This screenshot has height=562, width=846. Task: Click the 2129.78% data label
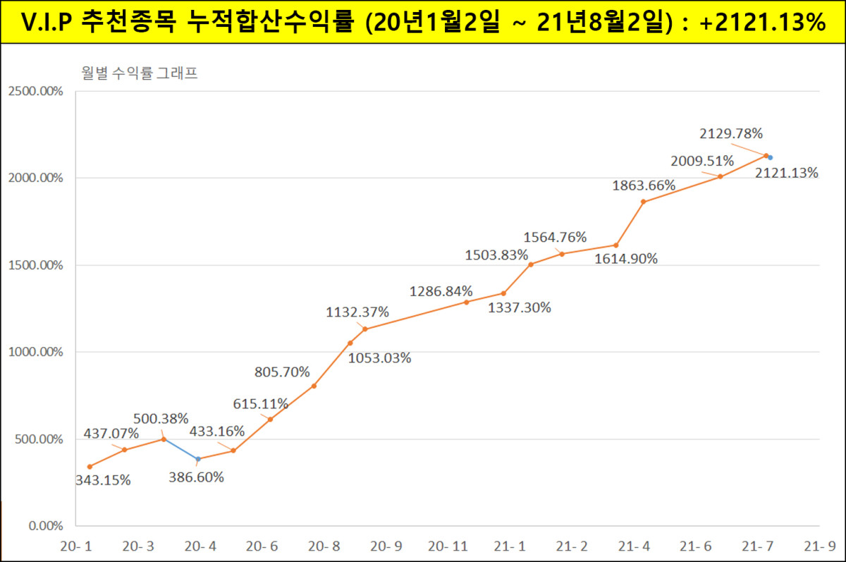tap(731, 133)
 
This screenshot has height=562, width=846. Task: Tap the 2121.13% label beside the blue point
tap(786, 173)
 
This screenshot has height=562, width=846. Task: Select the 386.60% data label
tap(197, 477)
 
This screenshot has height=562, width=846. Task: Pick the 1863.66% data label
tap(644, 186)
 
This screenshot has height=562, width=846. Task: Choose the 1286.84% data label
tap(441, 291)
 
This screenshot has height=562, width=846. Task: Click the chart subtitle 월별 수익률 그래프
tap(139, 73)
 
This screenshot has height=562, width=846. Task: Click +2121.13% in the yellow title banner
tap(764, 22)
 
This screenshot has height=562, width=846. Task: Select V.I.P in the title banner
tap(47, 22)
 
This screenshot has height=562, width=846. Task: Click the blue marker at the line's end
tap(771, 158)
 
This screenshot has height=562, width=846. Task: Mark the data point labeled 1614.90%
tap(616, 245)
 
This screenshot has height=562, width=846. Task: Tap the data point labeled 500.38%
tap(164, 439)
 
